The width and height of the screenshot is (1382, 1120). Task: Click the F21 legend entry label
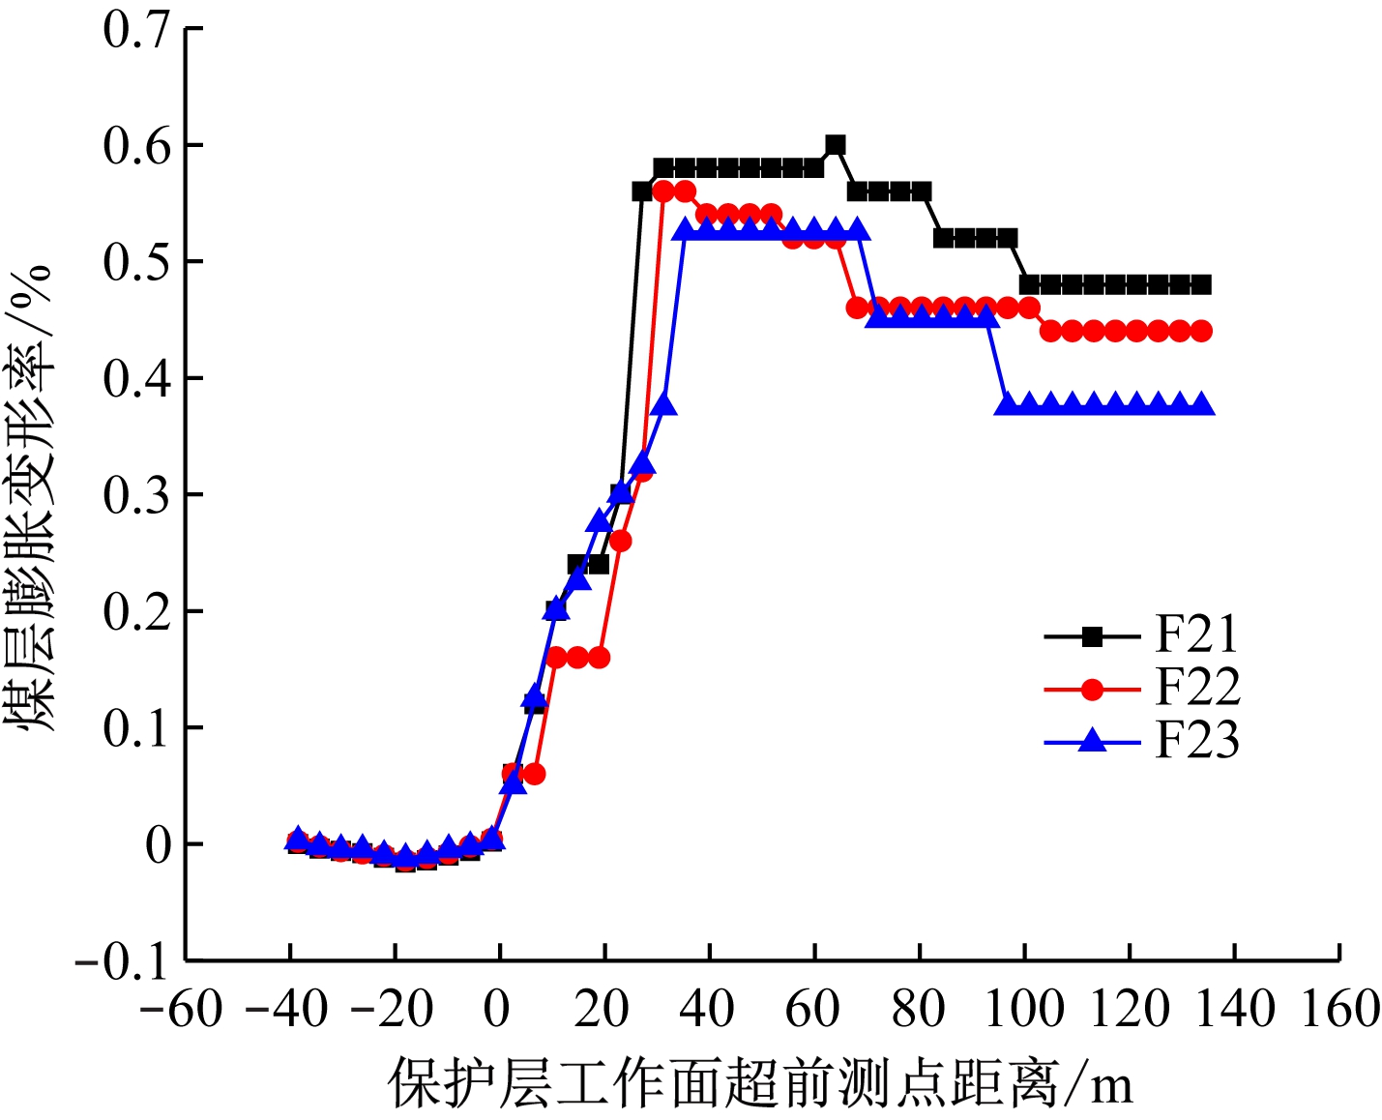click(1196, 635)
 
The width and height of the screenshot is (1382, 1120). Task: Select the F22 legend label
click(1196, 688)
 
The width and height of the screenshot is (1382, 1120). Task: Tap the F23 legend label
click(1196, 741)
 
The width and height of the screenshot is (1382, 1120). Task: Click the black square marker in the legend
click(1092, 636)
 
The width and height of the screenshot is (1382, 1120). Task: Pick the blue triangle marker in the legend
click(1092, 741)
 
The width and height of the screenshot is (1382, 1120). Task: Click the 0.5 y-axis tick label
click(136, 262)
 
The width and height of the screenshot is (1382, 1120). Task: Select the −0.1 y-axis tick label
click(123, 961)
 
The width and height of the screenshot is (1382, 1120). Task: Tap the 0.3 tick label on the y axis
click(136, 495)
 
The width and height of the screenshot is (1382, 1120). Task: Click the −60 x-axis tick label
click(181, 1010)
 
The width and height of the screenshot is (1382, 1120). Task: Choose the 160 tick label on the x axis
click(1339, 1010)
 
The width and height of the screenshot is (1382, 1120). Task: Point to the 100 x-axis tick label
click(1024, 1010)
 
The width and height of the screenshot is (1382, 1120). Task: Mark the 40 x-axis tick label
click(709, 1010)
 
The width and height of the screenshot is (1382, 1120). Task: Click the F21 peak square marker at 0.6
click(836, 145)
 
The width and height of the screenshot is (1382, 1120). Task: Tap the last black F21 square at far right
click(1201, 284)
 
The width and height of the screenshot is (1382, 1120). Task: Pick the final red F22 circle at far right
click(1201, 331)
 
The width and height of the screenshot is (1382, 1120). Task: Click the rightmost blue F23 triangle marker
click(1201, 403)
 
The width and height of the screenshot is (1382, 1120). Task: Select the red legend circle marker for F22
click(1092, 689)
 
